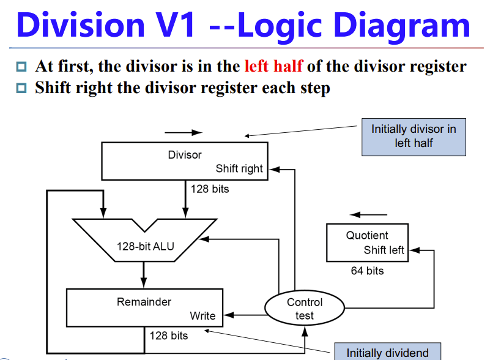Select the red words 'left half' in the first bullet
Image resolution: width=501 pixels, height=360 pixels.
coord(273,66)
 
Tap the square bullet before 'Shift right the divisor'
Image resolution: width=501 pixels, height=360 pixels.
coord(22,88)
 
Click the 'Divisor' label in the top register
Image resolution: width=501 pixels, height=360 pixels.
coord(184,155)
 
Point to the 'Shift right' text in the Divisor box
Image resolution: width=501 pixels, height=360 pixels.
coord(239,169)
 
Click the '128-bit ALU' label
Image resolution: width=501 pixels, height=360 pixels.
coord(146,247)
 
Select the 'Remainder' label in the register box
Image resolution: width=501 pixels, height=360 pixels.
coord(144,302)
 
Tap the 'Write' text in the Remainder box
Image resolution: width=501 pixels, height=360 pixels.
coord(202,316)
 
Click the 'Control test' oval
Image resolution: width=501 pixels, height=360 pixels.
coord(304,309)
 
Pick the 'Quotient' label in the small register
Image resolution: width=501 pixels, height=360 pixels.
coord(367,236)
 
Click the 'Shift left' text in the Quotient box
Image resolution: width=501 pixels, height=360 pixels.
coord(384,250)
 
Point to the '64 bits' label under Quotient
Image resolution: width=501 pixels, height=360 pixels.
coord(367,271)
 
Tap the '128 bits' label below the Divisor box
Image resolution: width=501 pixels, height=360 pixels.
coord(210,189)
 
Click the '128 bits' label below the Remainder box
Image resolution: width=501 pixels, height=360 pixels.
coord(169,336)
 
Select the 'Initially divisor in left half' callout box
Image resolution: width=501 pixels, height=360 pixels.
coord(414,137)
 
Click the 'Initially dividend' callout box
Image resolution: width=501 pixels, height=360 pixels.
coord(387,351)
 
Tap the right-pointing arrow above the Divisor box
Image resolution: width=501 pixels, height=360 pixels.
coord(183,132)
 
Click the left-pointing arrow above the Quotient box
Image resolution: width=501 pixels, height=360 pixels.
coord(369,214)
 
